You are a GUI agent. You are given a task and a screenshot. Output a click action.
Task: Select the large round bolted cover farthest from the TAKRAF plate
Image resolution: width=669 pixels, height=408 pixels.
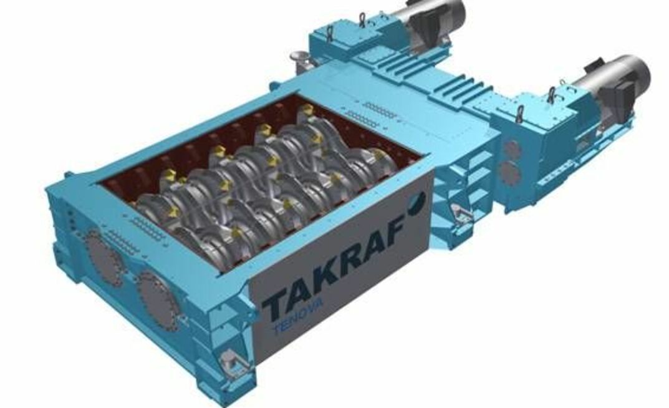click(103, 256)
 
